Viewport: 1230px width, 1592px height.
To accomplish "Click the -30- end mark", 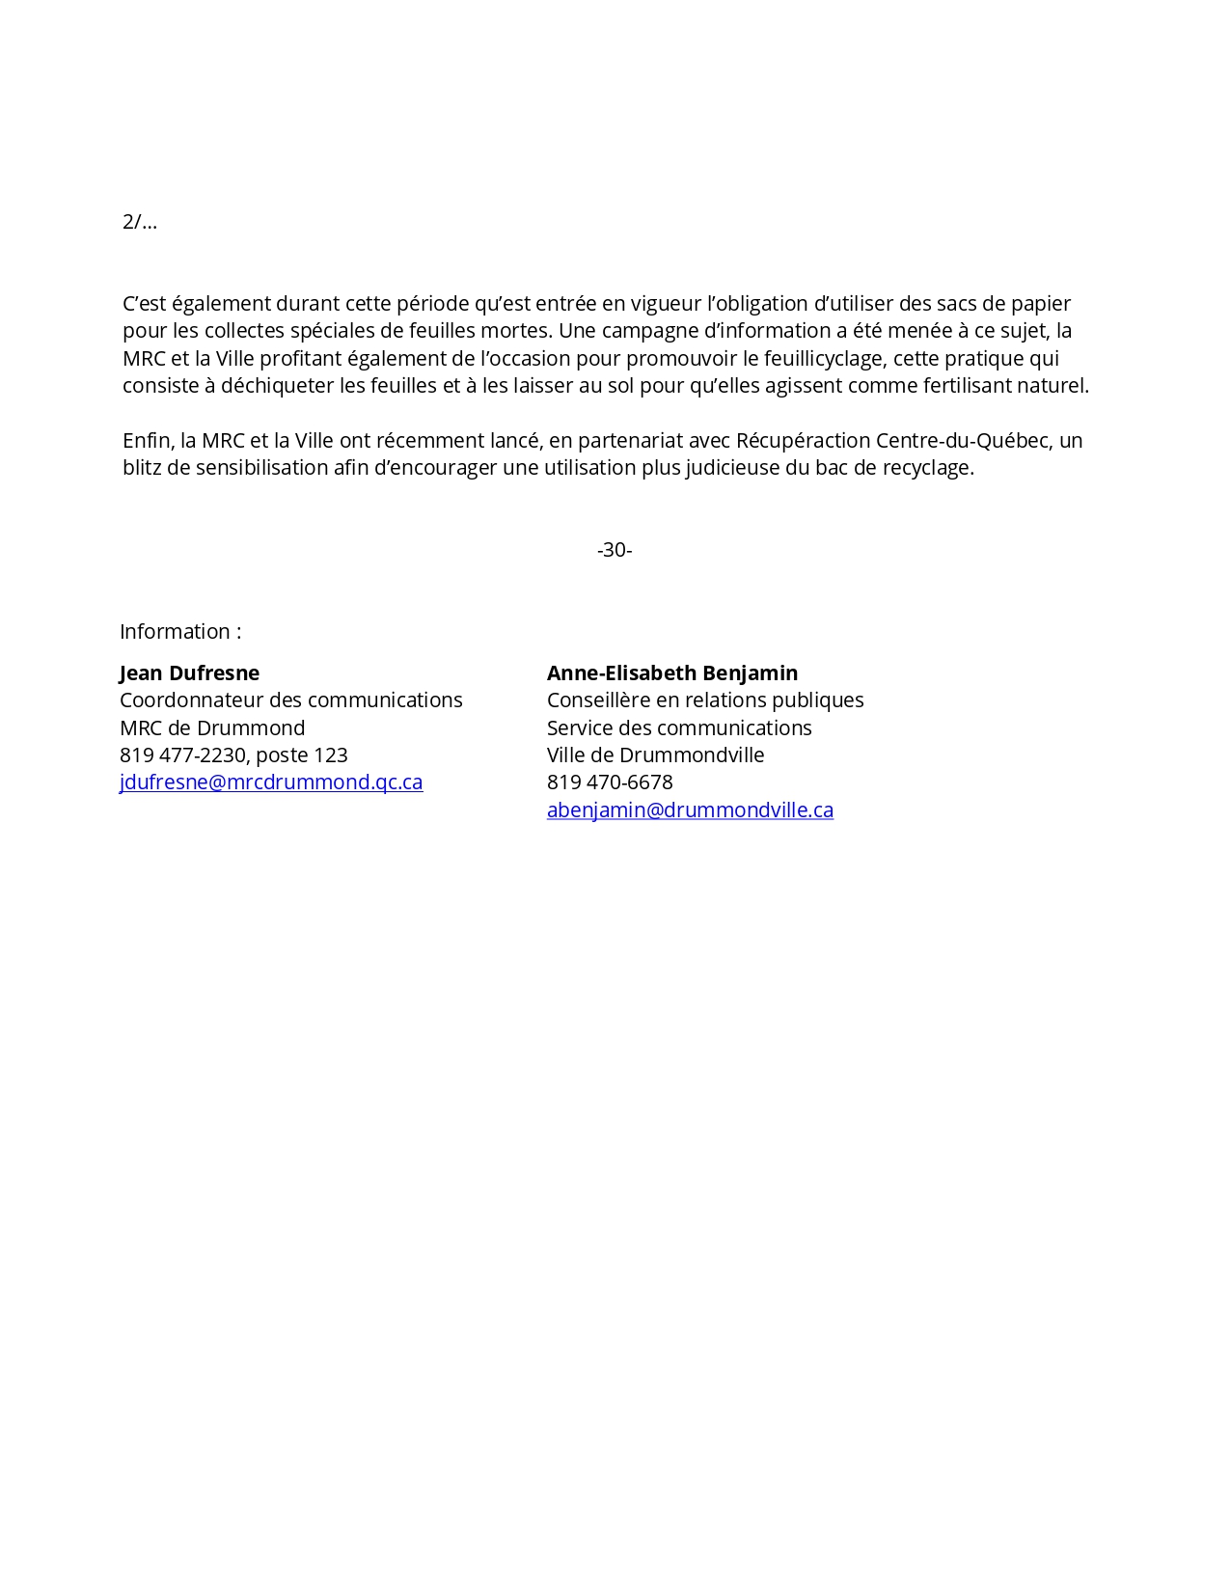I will click(615, 550).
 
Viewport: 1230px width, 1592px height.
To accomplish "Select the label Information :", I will click(180, 632).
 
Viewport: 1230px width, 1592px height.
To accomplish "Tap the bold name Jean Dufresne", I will click(189, 673).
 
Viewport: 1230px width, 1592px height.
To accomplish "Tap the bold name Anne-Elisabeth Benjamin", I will click(672, 673).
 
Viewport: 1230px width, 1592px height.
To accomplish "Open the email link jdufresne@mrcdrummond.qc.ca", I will click(271, 782).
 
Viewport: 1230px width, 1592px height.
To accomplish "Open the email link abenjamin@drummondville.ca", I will click(690, 810).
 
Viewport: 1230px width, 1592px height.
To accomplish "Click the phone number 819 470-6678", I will click(610, 782).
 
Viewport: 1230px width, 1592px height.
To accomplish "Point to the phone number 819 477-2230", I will click(182, 755).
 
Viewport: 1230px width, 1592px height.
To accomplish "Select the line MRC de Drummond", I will click(212, 728).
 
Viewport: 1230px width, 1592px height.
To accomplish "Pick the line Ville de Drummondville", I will click(655, 755).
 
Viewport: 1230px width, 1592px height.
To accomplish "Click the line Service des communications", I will click(679, 728).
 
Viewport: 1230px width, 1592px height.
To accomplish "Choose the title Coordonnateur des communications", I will click(290, 700).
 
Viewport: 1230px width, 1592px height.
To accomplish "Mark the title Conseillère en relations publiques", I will click(705, 700).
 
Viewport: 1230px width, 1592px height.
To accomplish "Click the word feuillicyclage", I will click(821, 359).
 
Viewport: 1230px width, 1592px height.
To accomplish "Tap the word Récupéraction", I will click(803, 441).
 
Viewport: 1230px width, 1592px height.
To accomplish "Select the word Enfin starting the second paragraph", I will click(146, 441).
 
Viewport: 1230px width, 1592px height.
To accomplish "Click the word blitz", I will click(141, 468).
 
